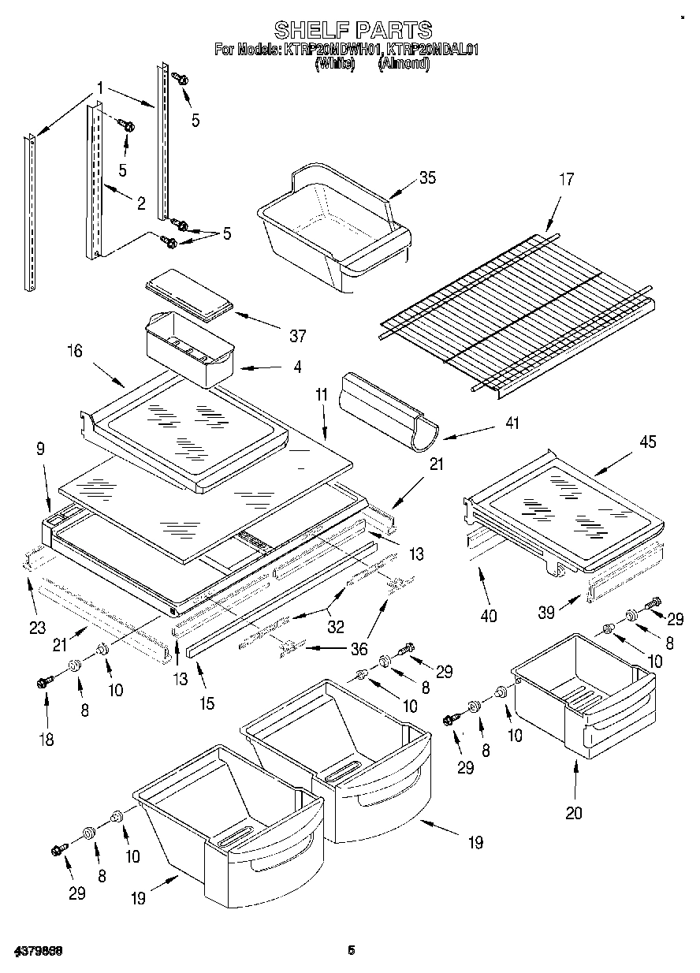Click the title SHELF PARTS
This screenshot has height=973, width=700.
click(352, 30)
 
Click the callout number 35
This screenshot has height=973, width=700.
click(426, 177)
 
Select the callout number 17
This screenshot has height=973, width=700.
click(566, 180)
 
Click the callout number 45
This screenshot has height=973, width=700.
click(647, 442)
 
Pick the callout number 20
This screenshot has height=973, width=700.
click(574, 813)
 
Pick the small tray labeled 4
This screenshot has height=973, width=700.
click(189, 348)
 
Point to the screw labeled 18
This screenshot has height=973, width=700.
click(45, 682)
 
